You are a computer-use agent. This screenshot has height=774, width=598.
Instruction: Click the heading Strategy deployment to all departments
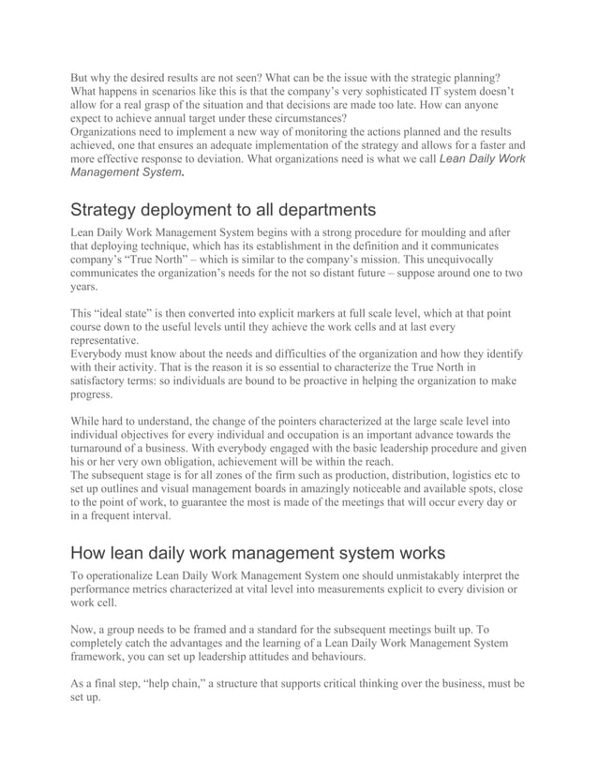(x=223, y=208)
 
